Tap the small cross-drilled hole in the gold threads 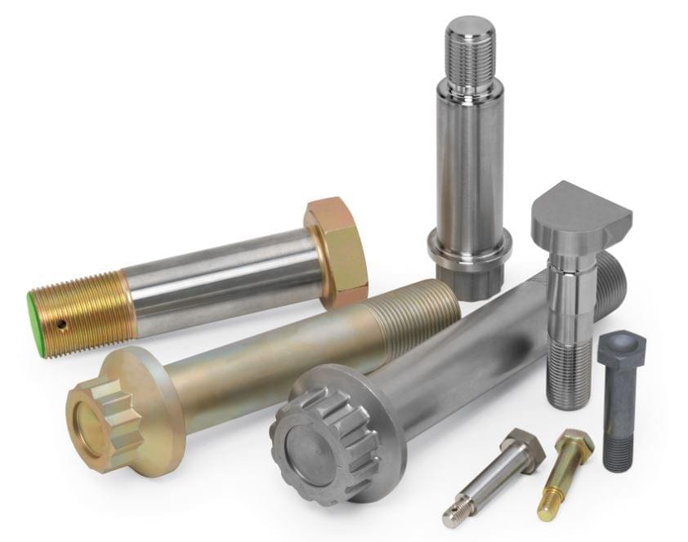click(x=61, y=325)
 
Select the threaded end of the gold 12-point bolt click(x=417, y=314)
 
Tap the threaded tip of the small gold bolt click(x=547, y=509)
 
